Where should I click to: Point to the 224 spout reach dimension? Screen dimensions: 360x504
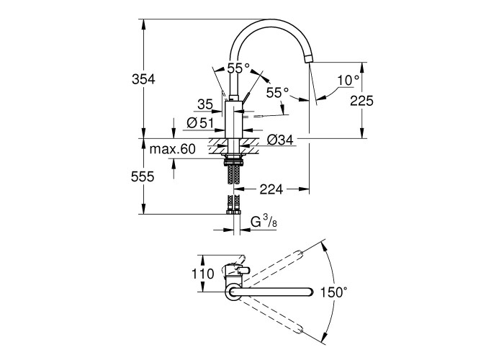pos(270,189)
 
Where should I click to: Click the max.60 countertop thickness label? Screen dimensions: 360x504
pos(173,150)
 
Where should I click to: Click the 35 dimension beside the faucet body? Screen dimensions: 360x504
pos(205,104)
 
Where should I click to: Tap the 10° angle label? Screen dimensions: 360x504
pos(348,79)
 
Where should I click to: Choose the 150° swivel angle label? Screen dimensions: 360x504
pos(336,292)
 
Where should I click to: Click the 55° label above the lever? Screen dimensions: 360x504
pos(238,68)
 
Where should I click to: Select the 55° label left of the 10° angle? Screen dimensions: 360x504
pos(277,93)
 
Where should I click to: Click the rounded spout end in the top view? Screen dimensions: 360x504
pos(308,292)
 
